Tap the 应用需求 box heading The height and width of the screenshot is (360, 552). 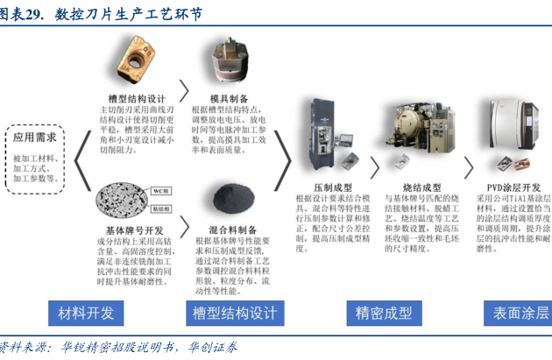(x=36, y=138)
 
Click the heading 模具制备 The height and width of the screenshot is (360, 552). (x=230, y=98)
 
